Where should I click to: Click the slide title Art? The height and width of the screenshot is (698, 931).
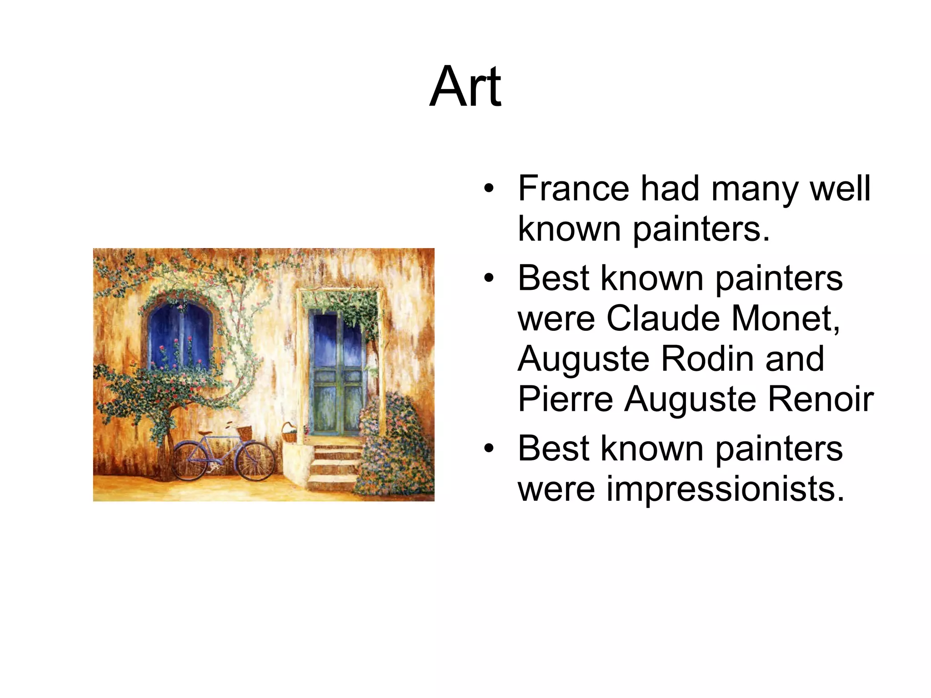(x=465, y=87)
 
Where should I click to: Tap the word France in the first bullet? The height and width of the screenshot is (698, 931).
(x=574, y=188)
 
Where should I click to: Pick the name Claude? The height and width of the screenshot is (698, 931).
(x=663, y=318)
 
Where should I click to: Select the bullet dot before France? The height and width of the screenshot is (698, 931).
(x=489, y=188)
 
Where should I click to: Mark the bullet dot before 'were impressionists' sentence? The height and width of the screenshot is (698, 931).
(x=489, y=449)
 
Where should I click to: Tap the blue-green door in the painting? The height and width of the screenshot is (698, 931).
(x=337, y=373)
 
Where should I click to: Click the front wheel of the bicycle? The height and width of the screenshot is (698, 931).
(x=255, y=461)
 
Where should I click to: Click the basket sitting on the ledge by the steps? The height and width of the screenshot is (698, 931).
(x=289, y=434)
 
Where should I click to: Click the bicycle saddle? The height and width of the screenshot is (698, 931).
(x=205, y=433)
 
